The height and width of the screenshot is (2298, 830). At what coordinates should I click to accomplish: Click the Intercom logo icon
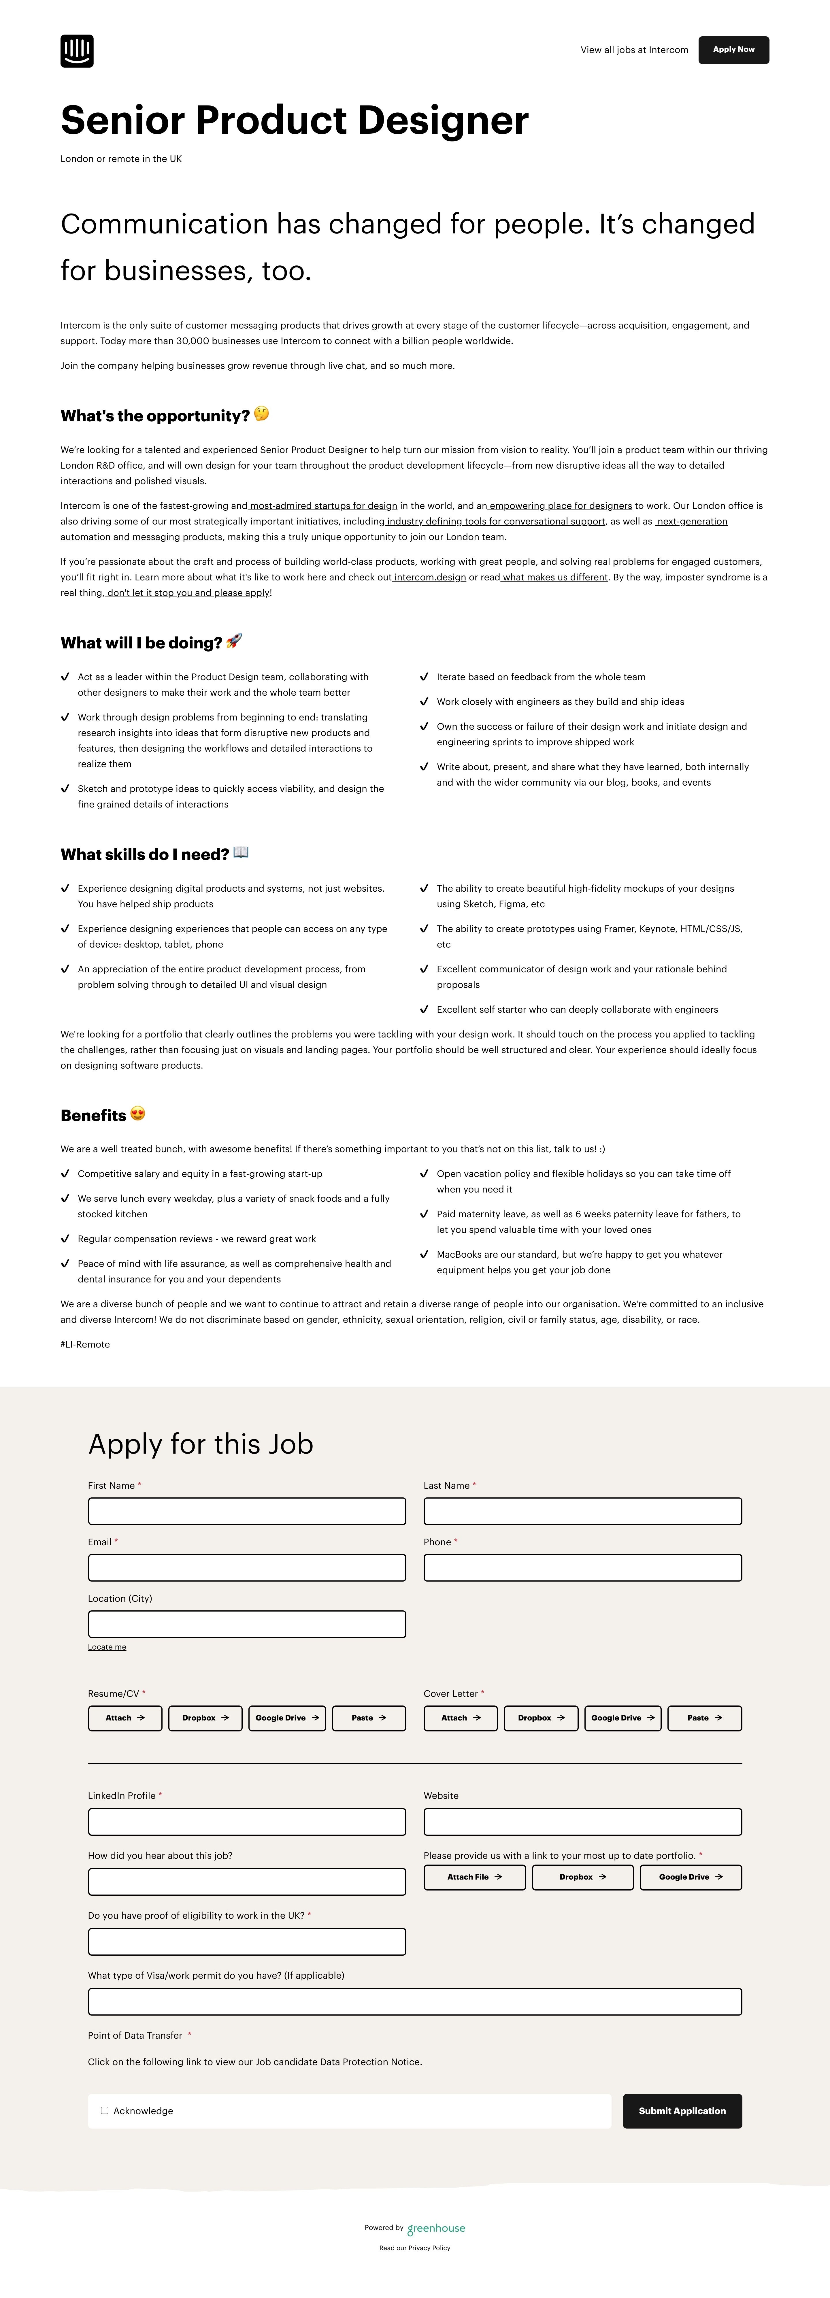pyautogui.click(x=77, y=51)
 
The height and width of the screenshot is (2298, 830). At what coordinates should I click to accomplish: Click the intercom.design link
pyautogui.click(x=430, y=577)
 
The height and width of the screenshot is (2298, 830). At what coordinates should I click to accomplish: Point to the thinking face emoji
pyautogui.click(x=261, y=414)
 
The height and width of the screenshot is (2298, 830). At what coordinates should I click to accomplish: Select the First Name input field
pyautogui.click(x=246, y=1511)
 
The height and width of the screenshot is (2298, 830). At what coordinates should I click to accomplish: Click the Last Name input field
pyautogui.click(x=582, y=1511)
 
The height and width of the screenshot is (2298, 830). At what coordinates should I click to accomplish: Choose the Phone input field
pyautogui.click(x=582, y=1567)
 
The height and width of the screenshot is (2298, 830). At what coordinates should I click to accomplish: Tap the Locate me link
pyautogui.click(x=107, y=1647)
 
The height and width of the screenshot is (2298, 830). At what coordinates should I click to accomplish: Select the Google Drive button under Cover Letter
pyautogui.click(x=622, y=1718)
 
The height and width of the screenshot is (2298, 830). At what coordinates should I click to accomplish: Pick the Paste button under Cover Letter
pyautogui.click(x=704, y=1718)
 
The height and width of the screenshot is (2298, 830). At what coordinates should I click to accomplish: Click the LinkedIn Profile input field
pyautogui.click(x=246, y=1822)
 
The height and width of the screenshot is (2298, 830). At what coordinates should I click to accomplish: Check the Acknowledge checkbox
pyautogui.click(x=104, y=2111)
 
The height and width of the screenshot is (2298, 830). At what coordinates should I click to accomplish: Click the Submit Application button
pyautogui.click(x=682, y=2111)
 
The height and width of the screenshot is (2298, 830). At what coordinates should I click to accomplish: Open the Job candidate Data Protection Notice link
pyautogui.click(x=339, y=2062)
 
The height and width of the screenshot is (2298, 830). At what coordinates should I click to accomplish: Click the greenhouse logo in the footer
pyautogui.click(x=436, y=2229)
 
